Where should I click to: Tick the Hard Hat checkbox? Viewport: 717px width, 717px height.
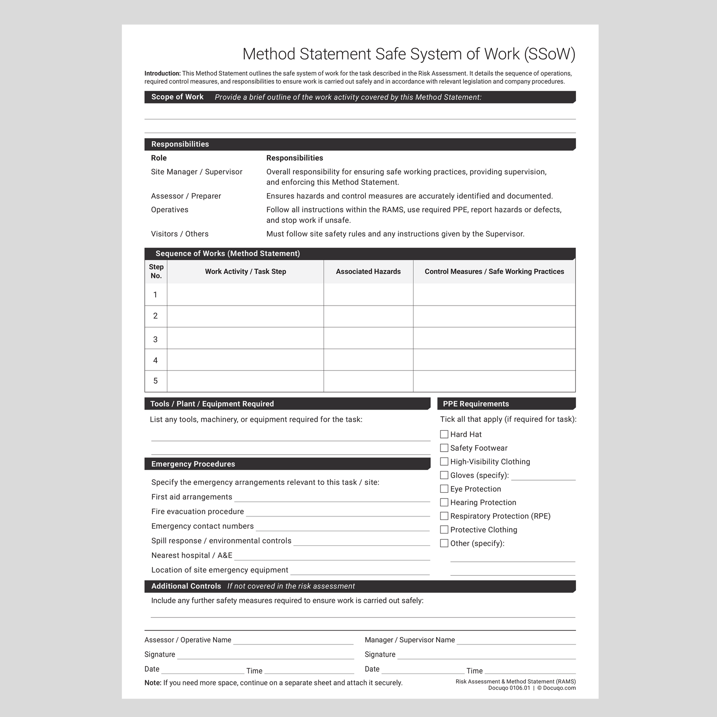coord(444,434)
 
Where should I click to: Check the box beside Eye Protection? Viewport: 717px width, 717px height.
coord(444,489)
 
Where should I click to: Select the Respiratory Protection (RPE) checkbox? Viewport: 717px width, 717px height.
coord(444,516)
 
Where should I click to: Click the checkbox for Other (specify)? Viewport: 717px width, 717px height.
coord(444,543)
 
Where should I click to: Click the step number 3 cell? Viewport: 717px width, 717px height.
coord(155,339)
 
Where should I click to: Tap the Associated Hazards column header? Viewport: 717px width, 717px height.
coord(368,272)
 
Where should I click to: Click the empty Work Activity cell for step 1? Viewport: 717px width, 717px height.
coord(245,295)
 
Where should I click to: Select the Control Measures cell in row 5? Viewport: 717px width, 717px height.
coord(494,381)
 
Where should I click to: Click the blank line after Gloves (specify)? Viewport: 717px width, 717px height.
coord(543,476)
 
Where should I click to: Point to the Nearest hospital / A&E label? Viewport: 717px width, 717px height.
coord(192,556)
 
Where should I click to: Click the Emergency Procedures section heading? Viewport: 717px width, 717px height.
coord(193,464)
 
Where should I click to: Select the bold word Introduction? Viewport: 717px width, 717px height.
coord(162,73)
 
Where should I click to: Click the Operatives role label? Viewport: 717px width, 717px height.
coord(169,210)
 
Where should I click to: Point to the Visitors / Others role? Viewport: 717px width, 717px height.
coord(180,234)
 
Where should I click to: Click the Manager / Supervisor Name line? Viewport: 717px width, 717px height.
coord(516,641)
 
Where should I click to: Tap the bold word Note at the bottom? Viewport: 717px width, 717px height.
coord(153,683)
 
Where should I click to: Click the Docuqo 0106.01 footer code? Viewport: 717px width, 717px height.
coord(509,688)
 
